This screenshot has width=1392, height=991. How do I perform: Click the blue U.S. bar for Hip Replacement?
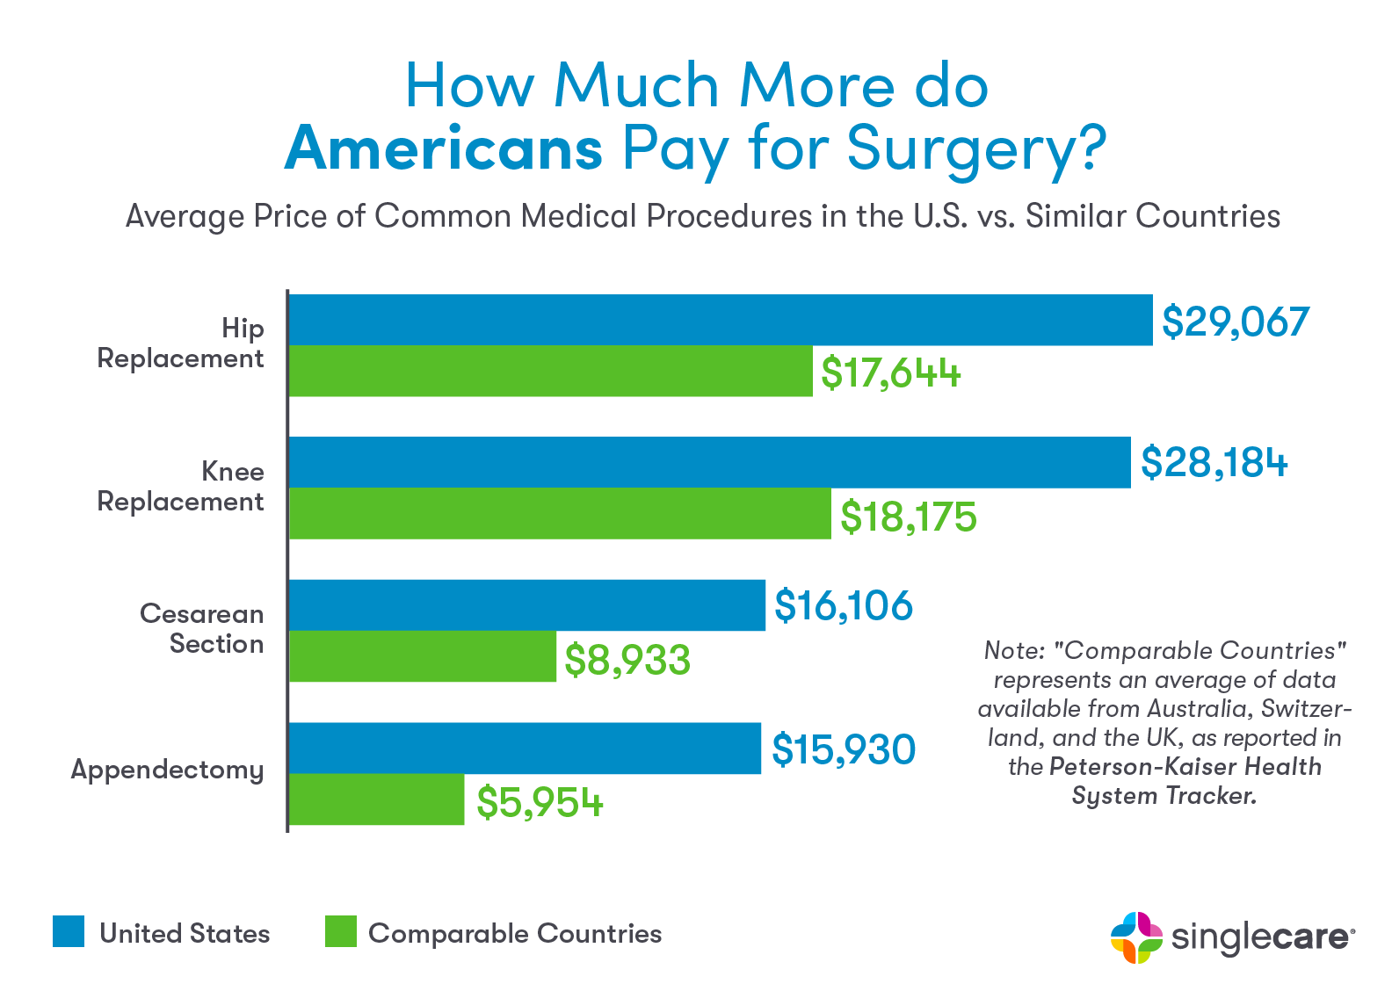(x=721, y=320)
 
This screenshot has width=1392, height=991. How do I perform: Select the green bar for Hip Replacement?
(x=551, y=371)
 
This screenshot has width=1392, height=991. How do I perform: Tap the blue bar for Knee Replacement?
(x=710, y=462)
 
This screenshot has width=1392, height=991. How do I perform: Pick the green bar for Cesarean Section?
(x=423, y=656)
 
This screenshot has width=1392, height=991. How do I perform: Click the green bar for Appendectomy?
(x=376, y=799)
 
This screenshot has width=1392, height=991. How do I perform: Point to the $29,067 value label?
(x=1236, y=322)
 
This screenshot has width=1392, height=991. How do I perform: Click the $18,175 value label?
(x=909, y=517)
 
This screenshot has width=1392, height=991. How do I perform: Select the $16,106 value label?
(x=844, y=606)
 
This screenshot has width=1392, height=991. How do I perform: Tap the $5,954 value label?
(x=540, y=803)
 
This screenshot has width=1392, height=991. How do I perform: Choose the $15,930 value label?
(x=844, y=749)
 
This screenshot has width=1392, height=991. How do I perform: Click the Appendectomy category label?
(x=167, y=770)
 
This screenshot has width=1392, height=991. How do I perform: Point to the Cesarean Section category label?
(x=202, y=629)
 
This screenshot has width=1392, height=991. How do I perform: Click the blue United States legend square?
(x=69, y=931)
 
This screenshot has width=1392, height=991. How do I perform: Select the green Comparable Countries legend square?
(x=341, y=931)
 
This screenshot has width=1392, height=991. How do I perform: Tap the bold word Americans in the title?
(x=444, y=149)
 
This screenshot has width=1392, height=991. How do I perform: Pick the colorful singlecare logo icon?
(x=1136, y=937)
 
